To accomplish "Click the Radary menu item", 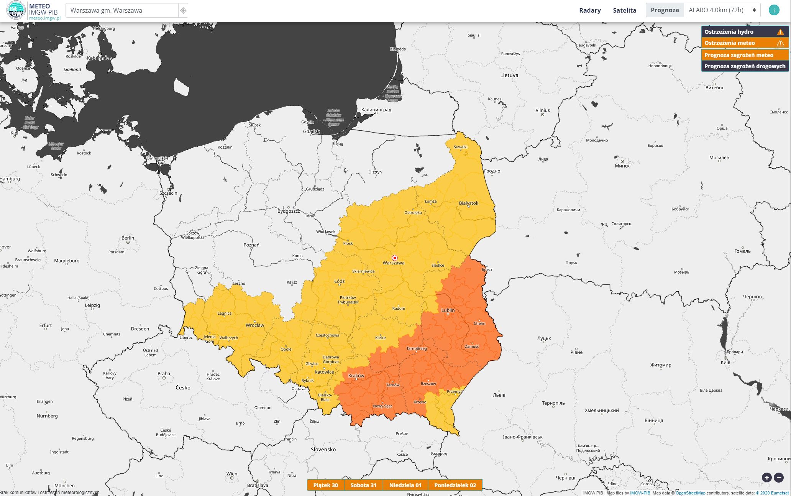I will click(590, 10).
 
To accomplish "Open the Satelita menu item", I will click(624, 10).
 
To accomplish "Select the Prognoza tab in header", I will click(665, 10).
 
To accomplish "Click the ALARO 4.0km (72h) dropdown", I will click(722, 10).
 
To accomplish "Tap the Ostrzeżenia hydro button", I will click(745, 32).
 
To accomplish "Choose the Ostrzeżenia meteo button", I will click(745, 43).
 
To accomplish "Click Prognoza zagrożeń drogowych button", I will click(745, 66).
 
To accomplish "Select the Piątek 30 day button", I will click(325, 485).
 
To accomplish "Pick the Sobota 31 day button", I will click(363, 485).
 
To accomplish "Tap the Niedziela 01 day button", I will click(405, 485).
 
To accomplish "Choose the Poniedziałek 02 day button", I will click(455, 485).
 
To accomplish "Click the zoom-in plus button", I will click(766, 477).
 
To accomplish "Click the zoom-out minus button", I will click(779, 477).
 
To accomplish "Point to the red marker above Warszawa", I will click(394, 258).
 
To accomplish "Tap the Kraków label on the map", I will click(356, 376).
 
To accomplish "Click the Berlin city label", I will click(128, 238).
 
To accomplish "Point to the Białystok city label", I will click(468, 203).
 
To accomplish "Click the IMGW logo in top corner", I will click(16, 10).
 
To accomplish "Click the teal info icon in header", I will click(774, 10).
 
